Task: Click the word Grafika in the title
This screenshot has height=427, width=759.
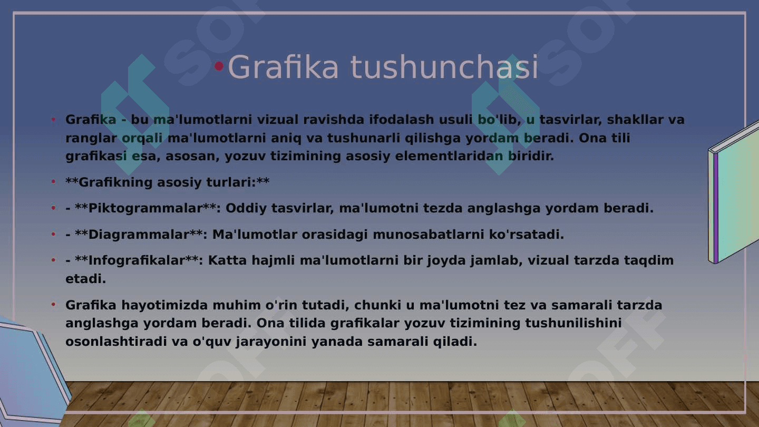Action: pyautogui.click(x=283, y=67)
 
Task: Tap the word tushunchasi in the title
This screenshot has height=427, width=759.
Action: pyautogui.click(x=444, y=67)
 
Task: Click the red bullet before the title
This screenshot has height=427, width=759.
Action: pyautogui.click(x=219, y=66)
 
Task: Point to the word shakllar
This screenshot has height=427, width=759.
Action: pyautogui.click(x=635, y=120)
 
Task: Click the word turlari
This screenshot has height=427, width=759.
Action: pyautogui.click(x=231, y=182)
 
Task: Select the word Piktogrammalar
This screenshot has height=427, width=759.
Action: pyautogui.click(x=145, y=208)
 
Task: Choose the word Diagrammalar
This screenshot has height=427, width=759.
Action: pyautogui.click(x=138, y=235)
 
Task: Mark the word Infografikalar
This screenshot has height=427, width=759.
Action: pyautogui.click(x=136, y=260)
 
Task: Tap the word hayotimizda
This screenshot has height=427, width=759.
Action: pyautogui.click(x=164, y=305)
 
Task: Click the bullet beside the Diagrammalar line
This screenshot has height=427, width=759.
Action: pyautogui.click(x=53, y=234)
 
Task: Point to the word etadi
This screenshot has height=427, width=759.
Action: pyautogui.click(x=85, y=279)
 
